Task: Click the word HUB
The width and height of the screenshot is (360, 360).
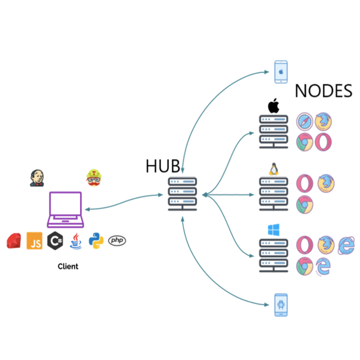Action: coord(163,166)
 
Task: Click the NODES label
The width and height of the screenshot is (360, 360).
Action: coord(323,91)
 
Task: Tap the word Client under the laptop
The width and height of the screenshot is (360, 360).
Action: coord(68,266)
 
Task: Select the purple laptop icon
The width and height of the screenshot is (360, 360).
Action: coord(65,209)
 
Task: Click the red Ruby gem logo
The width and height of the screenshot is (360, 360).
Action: coord(14,241)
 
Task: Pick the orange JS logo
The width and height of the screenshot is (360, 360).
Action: coord(34,241)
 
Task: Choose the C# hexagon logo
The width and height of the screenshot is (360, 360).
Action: coord(55,241)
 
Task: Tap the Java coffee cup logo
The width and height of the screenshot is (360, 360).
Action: coord(76,241)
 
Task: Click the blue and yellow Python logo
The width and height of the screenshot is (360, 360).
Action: coord(96,241)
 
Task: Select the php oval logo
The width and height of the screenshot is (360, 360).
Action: coord(117,240)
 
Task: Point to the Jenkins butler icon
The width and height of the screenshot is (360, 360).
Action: coord(37,178)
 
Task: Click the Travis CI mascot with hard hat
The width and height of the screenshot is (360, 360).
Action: coord(94,178)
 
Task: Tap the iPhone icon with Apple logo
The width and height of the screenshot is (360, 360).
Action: coord(281,72)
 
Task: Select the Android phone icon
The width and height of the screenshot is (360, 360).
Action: coord(281,305)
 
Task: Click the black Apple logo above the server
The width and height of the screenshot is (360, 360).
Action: coord(274,106)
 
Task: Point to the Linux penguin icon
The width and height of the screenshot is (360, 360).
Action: coord(274,169)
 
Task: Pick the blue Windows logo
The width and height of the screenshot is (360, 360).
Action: coord(274,230)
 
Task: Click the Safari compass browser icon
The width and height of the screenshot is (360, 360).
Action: coord(304,121)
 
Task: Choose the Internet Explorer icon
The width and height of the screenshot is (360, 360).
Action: coord(346,245)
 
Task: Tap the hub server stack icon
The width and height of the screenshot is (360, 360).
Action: coord(182,194)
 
